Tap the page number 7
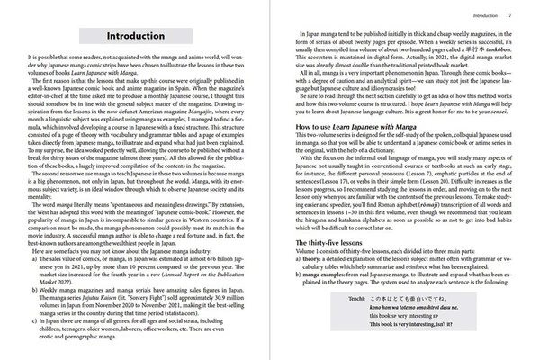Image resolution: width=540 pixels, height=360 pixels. coord(510,16)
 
